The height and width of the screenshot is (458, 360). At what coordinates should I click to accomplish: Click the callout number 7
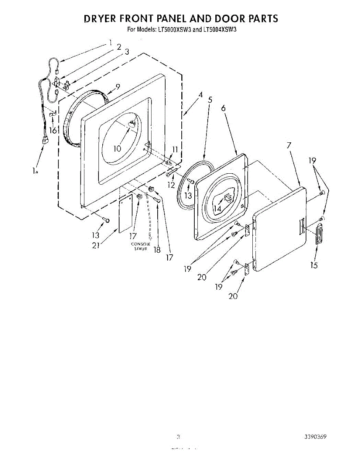tap(289, 145)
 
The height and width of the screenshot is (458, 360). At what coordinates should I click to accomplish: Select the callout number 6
tap(223, 108)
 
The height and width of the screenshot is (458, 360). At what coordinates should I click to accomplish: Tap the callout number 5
tap(210, 100)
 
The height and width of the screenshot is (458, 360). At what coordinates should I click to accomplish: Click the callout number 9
tap(118, 87)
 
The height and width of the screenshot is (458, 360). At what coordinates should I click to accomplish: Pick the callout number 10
tap(117, 148)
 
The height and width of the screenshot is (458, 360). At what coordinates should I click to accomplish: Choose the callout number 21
tap(96, 245)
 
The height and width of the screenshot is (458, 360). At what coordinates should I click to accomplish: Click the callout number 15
tap(314, 265)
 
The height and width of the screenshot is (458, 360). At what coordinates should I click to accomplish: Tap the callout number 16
tap(53, 131)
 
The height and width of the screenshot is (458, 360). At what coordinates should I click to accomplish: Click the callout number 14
tap(217, 208)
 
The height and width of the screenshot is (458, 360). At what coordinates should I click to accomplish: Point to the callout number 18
tap(157, 250)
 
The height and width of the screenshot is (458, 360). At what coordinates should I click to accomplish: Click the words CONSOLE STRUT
tap(140, 246)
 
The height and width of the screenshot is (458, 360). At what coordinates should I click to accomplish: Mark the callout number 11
tap(175, 150)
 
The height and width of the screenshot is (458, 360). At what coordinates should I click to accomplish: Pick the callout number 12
tap(171, 185)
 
